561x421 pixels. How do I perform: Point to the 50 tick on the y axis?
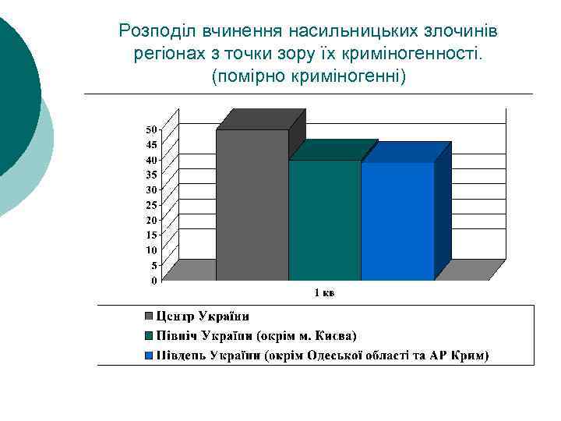coord(151,129)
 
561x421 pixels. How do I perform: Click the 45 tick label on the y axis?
coord(151,144)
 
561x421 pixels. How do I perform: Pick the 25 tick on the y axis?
coord(151,205)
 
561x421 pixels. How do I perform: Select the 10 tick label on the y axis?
coord(151,250)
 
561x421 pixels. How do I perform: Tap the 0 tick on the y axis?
coord(153,280)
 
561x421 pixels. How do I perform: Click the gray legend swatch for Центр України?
coord(148,317)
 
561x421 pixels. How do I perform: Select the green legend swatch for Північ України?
coord(148,337)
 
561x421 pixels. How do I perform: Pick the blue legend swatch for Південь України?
coord(148,357)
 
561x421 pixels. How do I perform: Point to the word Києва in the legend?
coord(334,336)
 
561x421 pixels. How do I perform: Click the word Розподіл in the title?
coord(157,31)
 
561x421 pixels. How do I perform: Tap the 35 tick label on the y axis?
coord(151,175)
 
